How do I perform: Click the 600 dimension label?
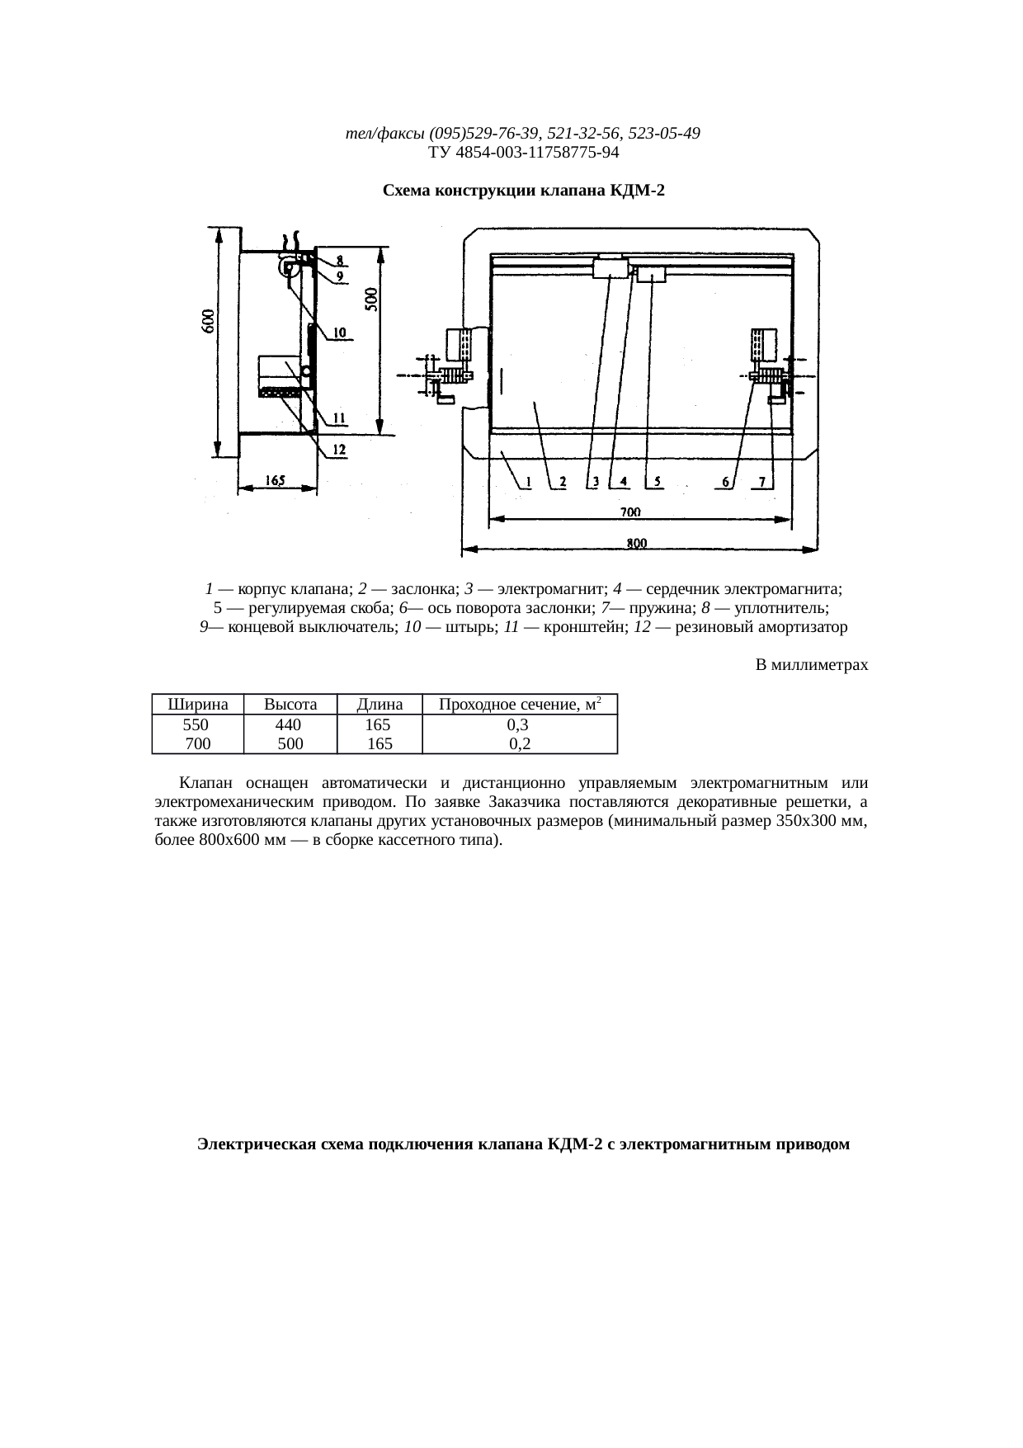[x=210, y=322]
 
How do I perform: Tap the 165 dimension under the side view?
[x=276, y=479]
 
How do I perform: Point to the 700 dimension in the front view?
[x=629, y=512]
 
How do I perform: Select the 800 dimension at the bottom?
[x=636, y=542]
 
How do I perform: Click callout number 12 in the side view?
[x=339, y=450]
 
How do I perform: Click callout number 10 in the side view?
[x=339, y=333]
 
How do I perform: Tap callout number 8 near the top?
[x=339, y=260]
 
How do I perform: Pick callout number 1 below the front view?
[x=527, y=482]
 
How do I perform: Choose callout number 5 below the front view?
[x=657, y=482]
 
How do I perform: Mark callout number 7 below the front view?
[x=763, y=482]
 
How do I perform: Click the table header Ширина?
[x=197, y=705]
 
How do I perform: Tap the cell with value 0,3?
[x=518, y=724]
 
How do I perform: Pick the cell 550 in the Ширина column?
[x=196, y=724]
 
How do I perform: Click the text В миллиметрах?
[x=812, y=664]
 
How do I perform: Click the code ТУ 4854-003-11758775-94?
[x=524, y=153]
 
